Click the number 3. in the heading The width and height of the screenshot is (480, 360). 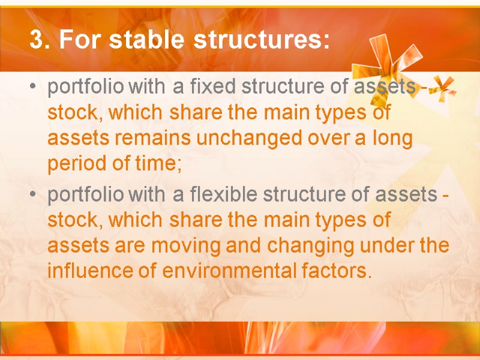40,40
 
